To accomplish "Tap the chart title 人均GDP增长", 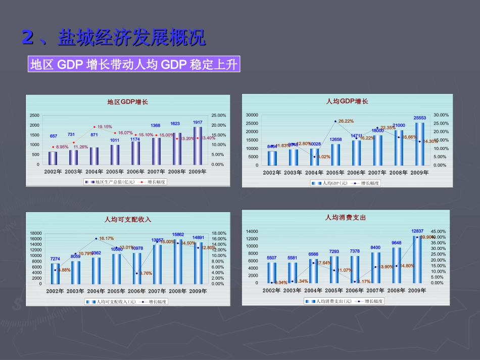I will pos(347,101).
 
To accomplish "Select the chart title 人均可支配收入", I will pos(127,219).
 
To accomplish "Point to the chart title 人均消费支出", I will pos(346,218).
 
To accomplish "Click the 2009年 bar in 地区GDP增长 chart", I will pos(198,146).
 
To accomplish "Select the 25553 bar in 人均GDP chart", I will pos(420,144).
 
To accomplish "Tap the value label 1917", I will pos(198,122).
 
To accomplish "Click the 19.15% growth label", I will pos(105,127).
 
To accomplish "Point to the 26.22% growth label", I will pos(346,121).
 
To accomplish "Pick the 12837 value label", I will pos(417,231).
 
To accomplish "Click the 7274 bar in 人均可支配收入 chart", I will pos(55,273).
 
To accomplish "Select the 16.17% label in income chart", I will pos(107,238).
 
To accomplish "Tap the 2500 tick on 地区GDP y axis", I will pos(34,116).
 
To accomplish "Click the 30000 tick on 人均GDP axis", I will pos(252,115).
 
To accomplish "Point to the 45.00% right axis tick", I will pos(438,231).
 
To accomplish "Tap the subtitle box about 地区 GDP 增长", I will pos(134,65).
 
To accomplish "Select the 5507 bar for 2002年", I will pos(272,272).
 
